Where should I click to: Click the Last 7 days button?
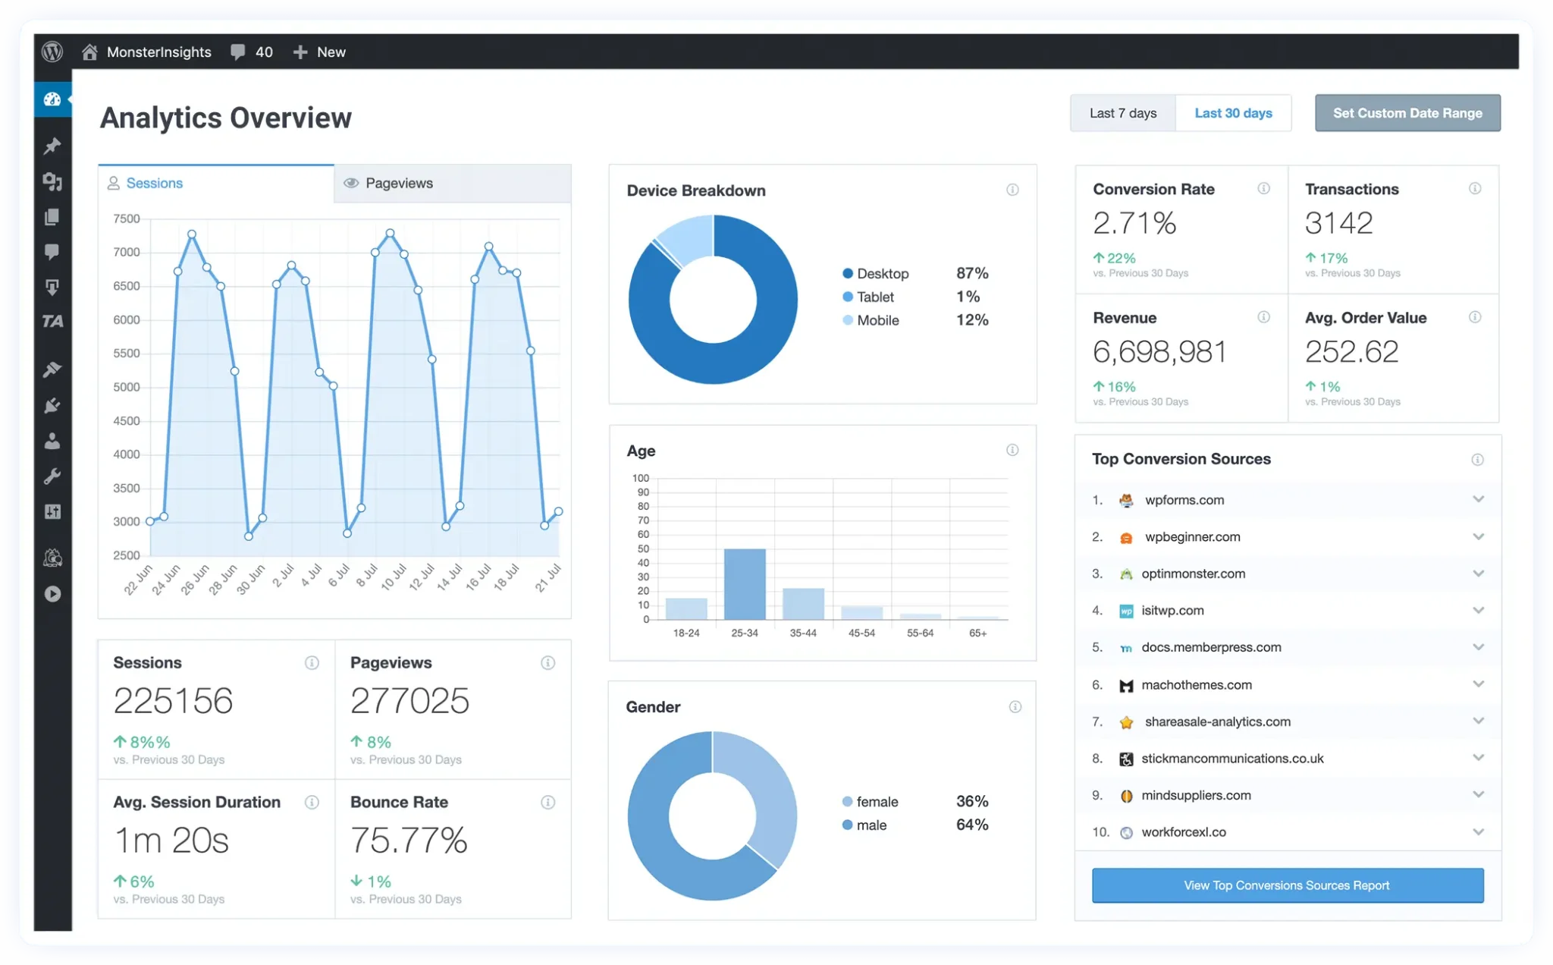coord(1122,113)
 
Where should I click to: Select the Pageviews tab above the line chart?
coord(398,183)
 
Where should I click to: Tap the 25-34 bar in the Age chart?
coord(744,583)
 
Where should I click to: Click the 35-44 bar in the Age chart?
coord(803,604)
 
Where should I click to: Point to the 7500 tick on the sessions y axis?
coord(127,218)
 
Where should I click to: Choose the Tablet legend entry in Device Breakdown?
coord(874,297)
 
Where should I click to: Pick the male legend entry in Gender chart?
coord(871,825)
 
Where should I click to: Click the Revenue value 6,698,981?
coord(1159,352)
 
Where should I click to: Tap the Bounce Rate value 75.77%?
coord(409,840)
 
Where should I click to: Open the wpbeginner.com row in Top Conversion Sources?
coord(1192,537)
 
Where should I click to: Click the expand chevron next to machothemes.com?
coord(1478,684)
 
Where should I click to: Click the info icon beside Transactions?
coord(1474,188)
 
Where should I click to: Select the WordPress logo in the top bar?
coord(52,52)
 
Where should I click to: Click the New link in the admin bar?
coord(330,52)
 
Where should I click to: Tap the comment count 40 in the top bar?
coord(263,52)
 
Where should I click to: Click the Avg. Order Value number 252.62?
coord(1351,352)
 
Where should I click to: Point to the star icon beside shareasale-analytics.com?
coord(1126,722)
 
